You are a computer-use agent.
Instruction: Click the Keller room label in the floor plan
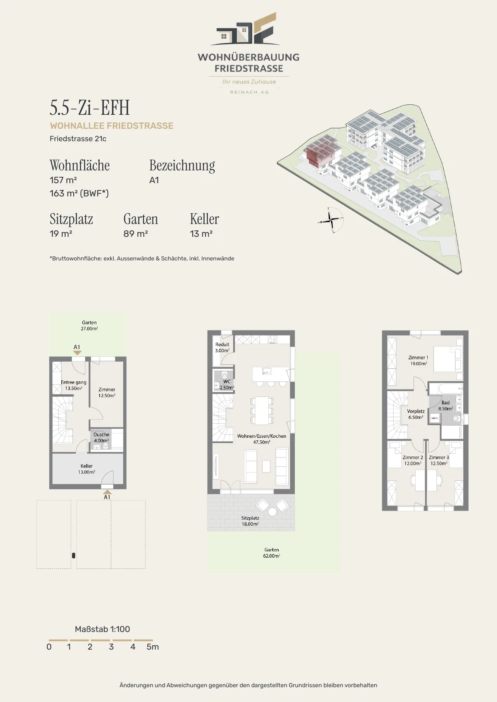pos(87,469)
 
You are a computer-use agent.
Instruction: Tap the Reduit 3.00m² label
pos(222,347)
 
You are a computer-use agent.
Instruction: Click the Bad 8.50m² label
pos(445,406)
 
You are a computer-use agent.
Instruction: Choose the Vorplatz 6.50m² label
pos(416,414)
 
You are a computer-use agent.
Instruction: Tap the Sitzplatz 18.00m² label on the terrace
pos(250,521)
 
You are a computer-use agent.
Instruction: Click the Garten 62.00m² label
pos(272,553)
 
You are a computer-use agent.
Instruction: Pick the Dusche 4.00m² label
pos(101,437)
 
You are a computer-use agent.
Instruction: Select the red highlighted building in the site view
pos(319,151)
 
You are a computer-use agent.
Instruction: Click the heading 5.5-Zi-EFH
pos(90,107)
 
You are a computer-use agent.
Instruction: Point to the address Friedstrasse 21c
pos(78,139)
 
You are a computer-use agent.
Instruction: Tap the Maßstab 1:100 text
pos(103,629)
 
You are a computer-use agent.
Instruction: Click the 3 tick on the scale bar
pos(111,647)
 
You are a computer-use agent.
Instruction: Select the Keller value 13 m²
pos(201,234)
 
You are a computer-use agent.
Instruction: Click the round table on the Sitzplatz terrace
pos(272,512)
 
